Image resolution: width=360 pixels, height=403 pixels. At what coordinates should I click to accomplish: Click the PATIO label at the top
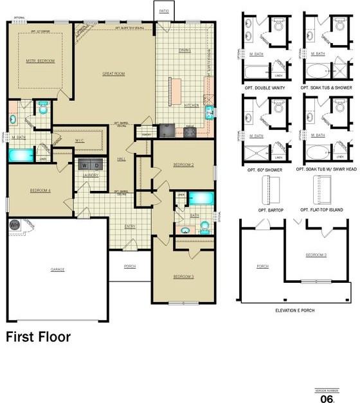tap(164, 11)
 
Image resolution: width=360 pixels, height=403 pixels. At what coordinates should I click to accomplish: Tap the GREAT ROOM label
tap(113, 74)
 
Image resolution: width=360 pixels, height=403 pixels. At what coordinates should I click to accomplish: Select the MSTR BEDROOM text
tap(41, 60)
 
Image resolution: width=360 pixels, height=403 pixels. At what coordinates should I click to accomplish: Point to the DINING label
tap(184, 49)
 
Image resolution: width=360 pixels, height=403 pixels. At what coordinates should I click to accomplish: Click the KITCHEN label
tap(192, 105)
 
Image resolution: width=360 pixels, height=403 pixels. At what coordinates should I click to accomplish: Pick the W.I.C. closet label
tap(80, 139)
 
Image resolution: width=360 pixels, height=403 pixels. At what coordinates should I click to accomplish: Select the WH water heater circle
tap(14, 225)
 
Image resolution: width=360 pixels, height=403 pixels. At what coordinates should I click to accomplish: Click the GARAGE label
tap(58, 269)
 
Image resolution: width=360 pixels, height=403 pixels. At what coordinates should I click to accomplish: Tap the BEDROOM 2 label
tap(183, 165)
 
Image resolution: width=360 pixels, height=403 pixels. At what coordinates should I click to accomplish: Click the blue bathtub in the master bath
tap(19, 155)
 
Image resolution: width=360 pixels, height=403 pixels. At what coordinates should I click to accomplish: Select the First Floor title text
tap(39, 336)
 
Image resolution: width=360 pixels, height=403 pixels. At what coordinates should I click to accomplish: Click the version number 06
tap(327, 399)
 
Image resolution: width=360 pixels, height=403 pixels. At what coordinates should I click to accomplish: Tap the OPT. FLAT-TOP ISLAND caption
tap(321, 210)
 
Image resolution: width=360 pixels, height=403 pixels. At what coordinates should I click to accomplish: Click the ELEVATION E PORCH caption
tap(296, 310)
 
